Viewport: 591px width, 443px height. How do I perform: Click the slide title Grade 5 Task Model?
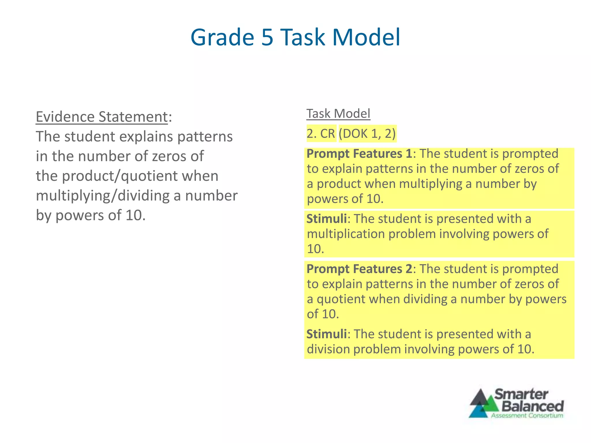click(x=295, y=37)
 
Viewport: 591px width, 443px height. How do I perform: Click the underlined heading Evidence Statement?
click(x=102, y=117)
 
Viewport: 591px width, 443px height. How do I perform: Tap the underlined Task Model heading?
click(x=338, y=114)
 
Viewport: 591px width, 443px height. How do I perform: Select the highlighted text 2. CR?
click(x=321, y=134)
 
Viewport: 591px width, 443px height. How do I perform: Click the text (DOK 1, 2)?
click(x=367, y=134)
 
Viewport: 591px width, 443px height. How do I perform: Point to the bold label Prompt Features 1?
click(x=359, y=154)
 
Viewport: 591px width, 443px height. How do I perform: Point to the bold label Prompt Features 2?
click(x=359, y=269)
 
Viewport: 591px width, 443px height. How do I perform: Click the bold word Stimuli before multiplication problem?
click(x=326, y=219)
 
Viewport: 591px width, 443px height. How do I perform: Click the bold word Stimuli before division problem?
click(x=326, y=334)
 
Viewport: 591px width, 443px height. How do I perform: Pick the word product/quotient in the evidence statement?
click(x=120, y=176)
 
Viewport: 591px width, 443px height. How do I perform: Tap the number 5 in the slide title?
click(x=267, y=37)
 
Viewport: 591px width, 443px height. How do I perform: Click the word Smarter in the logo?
click(x=521, y=394)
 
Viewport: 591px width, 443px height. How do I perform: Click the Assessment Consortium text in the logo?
click(x=527, y=416)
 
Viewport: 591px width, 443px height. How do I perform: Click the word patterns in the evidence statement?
click(x=205, y=137)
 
